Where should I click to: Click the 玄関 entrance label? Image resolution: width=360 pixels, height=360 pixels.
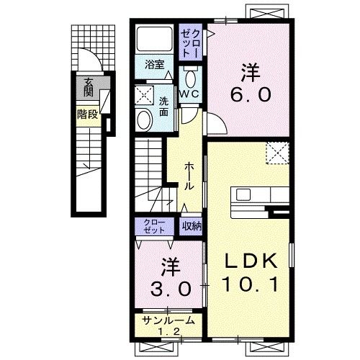coord(89,87)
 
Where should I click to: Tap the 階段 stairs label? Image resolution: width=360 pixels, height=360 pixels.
coord(88,114)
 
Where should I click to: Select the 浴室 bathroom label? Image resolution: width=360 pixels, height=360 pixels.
coord(154,65)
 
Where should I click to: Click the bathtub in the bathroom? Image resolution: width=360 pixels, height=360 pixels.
coord(155,39)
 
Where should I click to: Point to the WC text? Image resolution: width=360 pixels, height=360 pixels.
coord(189,94)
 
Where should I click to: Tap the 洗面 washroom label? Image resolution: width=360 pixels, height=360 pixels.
coord(163,107)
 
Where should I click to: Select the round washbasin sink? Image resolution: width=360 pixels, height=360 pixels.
coord(144,120)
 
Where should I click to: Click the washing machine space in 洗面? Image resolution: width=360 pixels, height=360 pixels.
coord(144,95)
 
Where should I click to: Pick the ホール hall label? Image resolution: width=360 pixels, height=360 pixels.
coord(189,176)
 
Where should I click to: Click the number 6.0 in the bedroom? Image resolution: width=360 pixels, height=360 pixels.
coord(251,94)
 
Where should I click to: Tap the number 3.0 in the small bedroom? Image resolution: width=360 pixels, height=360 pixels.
coord(171,289)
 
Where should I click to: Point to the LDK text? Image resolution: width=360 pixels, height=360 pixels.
coord(251,261)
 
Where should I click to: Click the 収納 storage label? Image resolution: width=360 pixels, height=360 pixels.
coord(192,225)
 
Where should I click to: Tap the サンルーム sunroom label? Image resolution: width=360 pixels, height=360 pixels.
coord(168,320)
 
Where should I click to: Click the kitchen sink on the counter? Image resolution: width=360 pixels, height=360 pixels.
coord(243,194)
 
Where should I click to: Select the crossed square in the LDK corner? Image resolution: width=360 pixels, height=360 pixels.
coord(277,153)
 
